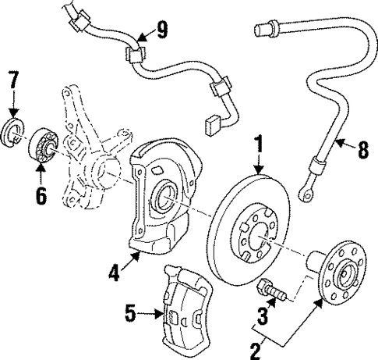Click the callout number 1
256,145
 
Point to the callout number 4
114,273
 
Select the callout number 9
161,31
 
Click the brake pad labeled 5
186,308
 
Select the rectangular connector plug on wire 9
212,123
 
